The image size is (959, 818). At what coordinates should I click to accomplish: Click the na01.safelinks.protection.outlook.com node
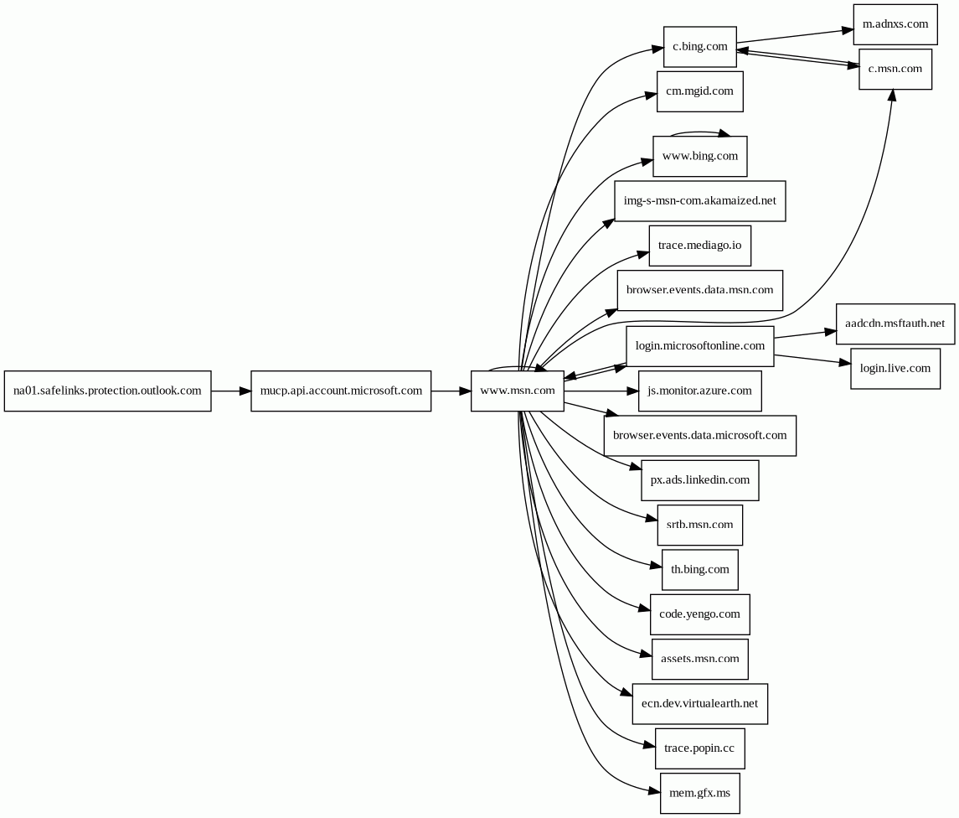pyautogui.click(x=107, y=391)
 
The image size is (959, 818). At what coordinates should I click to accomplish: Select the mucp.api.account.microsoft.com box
pyautogui.click(x=341, y=391)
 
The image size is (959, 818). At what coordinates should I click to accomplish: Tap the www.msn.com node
pyautogui.click(x=517, y=391)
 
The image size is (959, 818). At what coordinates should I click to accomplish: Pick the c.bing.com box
pyautogui.click(x=699, y=47)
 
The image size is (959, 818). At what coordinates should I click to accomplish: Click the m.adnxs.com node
pyautogui.click(x=895, y=24)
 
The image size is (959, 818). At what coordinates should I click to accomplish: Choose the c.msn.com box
pyautogui.click(x=895, y=70)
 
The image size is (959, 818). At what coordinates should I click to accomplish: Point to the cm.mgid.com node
pyautogui.click(x=699, y=91)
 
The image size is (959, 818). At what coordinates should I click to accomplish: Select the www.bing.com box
pyautogui.click(x=699, y=157)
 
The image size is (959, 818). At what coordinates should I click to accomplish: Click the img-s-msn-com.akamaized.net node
pyautogui.click(x=699, y=201)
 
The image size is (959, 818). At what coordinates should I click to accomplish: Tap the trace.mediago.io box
pyautogui.click(x=699, y=246)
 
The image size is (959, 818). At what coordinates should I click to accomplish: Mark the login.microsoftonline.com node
pyautogui.click(x=699, y=346)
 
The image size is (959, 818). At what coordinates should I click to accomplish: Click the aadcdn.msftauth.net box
pyautogui.click(x=895, y=324)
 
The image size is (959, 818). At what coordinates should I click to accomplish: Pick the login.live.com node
pyautogui.click(x=895, y=369)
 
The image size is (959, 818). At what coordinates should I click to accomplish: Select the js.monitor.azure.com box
pyautogui.click(x=699, y=391)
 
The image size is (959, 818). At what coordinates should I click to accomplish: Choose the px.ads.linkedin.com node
pyautogui.click(x=699, y=480)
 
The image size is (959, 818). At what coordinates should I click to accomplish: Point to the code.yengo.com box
pyautogui.click(x=699, y=614)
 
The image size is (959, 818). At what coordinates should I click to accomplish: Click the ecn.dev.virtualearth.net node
pyautogui.click(x=699, y=704)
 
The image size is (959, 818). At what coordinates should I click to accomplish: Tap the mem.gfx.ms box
pyautogui.click(x=699, y=793)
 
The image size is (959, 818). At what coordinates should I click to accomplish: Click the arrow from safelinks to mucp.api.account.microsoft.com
pyautogui.click(x=230, y=391)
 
